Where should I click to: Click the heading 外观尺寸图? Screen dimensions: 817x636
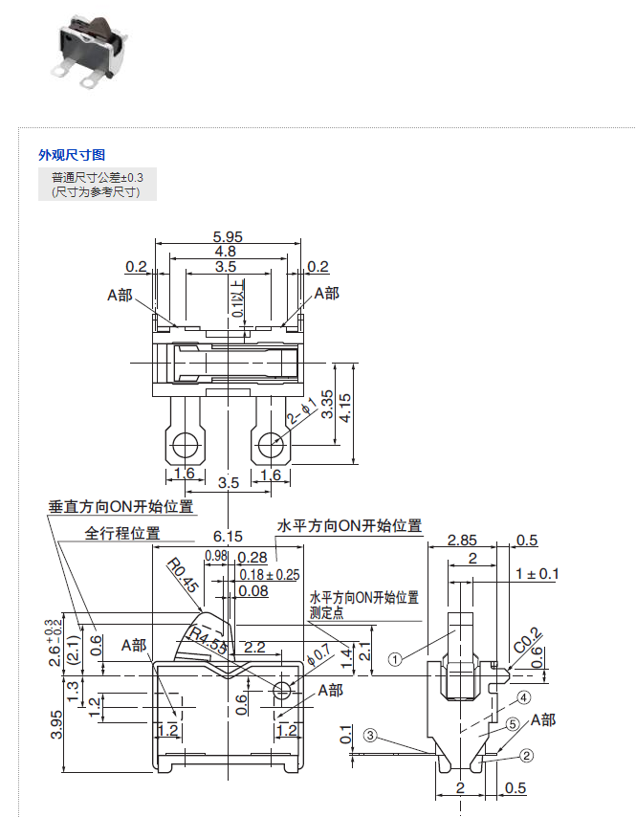tap(72, 154)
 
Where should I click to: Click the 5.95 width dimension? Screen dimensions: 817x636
tap(227, 236)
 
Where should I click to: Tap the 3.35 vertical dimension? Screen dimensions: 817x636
tap(328, 403)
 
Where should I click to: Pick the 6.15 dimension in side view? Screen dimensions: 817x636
tap(228, 537)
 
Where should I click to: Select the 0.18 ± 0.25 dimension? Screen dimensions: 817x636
tap(270, 574)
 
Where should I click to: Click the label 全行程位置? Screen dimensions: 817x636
tap(122, 533)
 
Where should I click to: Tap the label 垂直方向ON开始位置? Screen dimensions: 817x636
tap(121, 507)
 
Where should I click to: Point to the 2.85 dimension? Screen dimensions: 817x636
tap(463, 541)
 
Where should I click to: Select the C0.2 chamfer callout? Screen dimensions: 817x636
tap(525, 639)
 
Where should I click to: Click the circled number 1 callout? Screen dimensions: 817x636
tap(395, 658)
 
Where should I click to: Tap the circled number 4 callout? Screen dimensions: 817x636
tap(524, 697)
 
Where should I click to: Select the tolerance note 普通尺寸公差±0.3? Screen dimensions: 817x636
tap(98, 177)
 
